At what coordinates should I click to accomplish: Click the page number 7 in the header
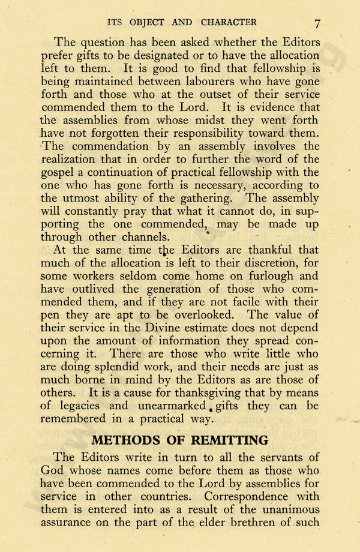pyautogui.click(x=317, y=23)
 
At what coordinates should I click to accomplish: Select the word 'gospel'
pyautogui.click(x=58, y=172)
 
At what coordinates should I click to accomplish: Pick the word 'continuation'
pyautogui.click(x=139, y=172)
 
